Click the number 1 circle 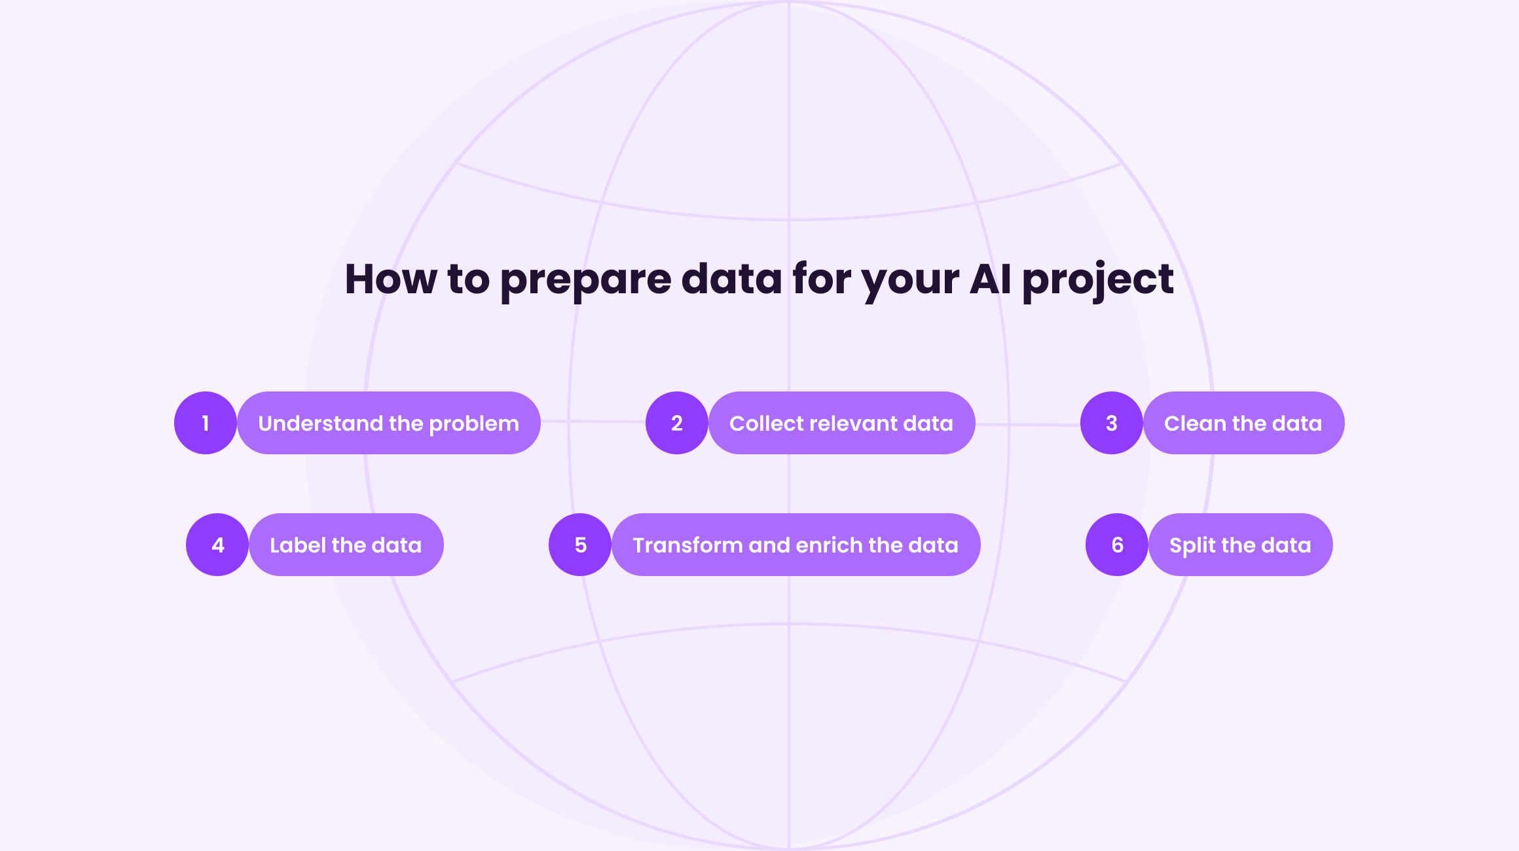[x=206, y=423]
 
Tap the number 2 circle [x=677, y=423]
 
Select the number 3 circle [x=1112, y=423]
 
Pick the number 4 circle [x=217, y=545]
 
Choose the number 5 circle [x=580, y=545]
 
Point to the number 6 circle [x=1117, y=545]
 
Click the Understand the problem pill [x=389, y=423]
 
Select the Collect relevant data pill [x=842, y=423]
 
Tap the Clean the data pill [x=1244, y=423]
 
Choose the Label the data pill [x=346, y=545]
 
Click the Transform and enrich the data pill [x=796, y=545]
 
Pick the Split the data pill [x=1241, y=545]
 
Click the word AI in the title [x=990, y=279]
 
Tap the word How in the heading [x=391, y=279]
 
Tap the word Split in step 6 [x=1193, y=546]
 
